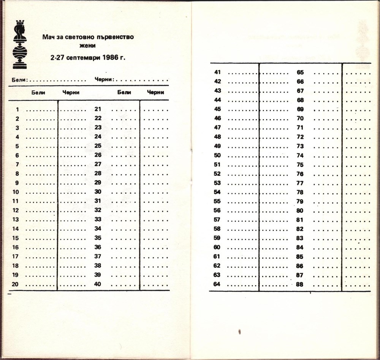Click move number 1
[x=17, y=110]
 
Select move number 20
[x=16, y=284]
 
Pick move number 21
[x=98, y=109]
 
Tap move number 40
[x=98, y=284]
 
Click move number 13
[x=16, y=220]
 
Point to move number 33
[x=98, y=219]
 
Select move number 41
[x=217, y=72]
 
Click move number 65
[x=300, y=72]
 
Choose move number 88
[x=300, y=284]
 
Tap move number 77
[x=300, y=183]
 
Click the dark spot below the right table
[x=240, y=332]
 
